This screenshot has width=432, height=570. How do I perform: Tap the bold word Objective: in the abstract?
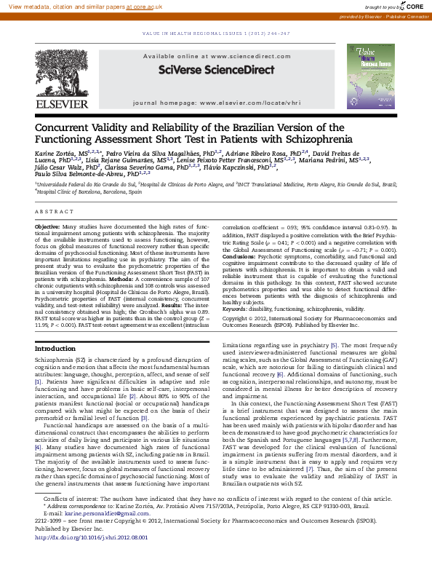point(48,227)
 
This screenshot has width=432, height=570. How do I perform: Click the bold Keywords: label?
point(237,309)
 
